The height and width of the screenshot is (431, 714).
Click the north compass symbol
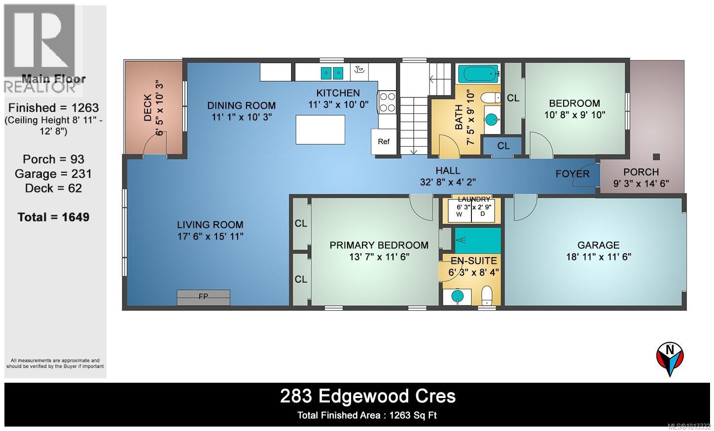click(670, 359)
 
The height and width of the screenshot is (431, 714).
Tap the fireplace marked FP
click(203, 297)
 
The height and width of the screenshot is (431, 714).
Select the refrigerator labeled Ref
click(384, 142)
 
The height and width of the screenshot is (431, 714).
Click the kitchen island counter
click(320, 129)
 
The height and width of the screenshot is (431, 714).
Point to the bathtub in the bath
click(478, 74)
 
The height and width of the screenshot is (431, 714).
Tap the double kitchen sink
click(332, 73)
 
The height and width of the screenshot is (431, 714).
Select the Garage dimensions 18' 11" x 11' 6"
click(598, 257)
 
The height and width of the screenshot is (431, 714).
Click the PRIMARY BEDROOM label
click(379, 245)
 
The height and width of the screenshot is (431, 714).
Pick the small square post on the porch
click(656, 157)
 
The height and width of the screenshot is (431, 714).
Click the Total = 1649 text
click(53, 217)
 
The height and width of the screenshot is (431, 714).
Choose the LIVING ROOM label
click(210, 225)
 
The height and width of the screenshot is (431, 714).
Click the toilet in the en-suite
click(487, 295)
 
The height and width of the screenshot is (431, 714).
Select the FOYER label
click(572, 174)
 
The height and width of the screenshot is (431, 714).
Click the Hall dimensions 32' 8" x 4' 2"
click(448, 182)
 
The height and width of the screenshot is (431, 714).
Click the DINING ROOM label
click(241, 105)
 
